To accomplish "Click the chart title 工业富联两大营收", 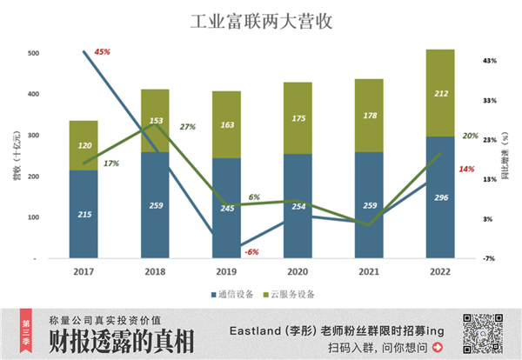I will (260, 19).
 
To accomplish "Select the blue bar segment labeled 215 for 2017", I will (84, 214).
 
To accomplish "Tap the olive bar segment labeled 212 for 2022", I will (440, 93).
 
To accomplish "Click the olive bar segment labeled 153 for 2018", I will (155, 120).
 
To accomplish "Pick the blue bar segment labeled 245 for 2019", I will (226, 208).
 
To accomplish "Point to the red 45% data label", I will (102, 52).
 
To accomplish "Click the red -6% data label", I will (252, 251).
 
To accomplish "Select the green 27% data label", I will (187, 127).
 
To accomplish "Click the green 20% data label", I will (470, 136).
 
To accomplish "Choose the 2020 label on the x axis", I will (298, 271).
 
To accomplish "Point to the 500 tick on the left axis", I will (33, 54).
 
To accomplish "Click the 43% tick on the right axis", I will (489, 60).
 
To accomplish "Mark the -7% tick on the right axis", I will (489, 258).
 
